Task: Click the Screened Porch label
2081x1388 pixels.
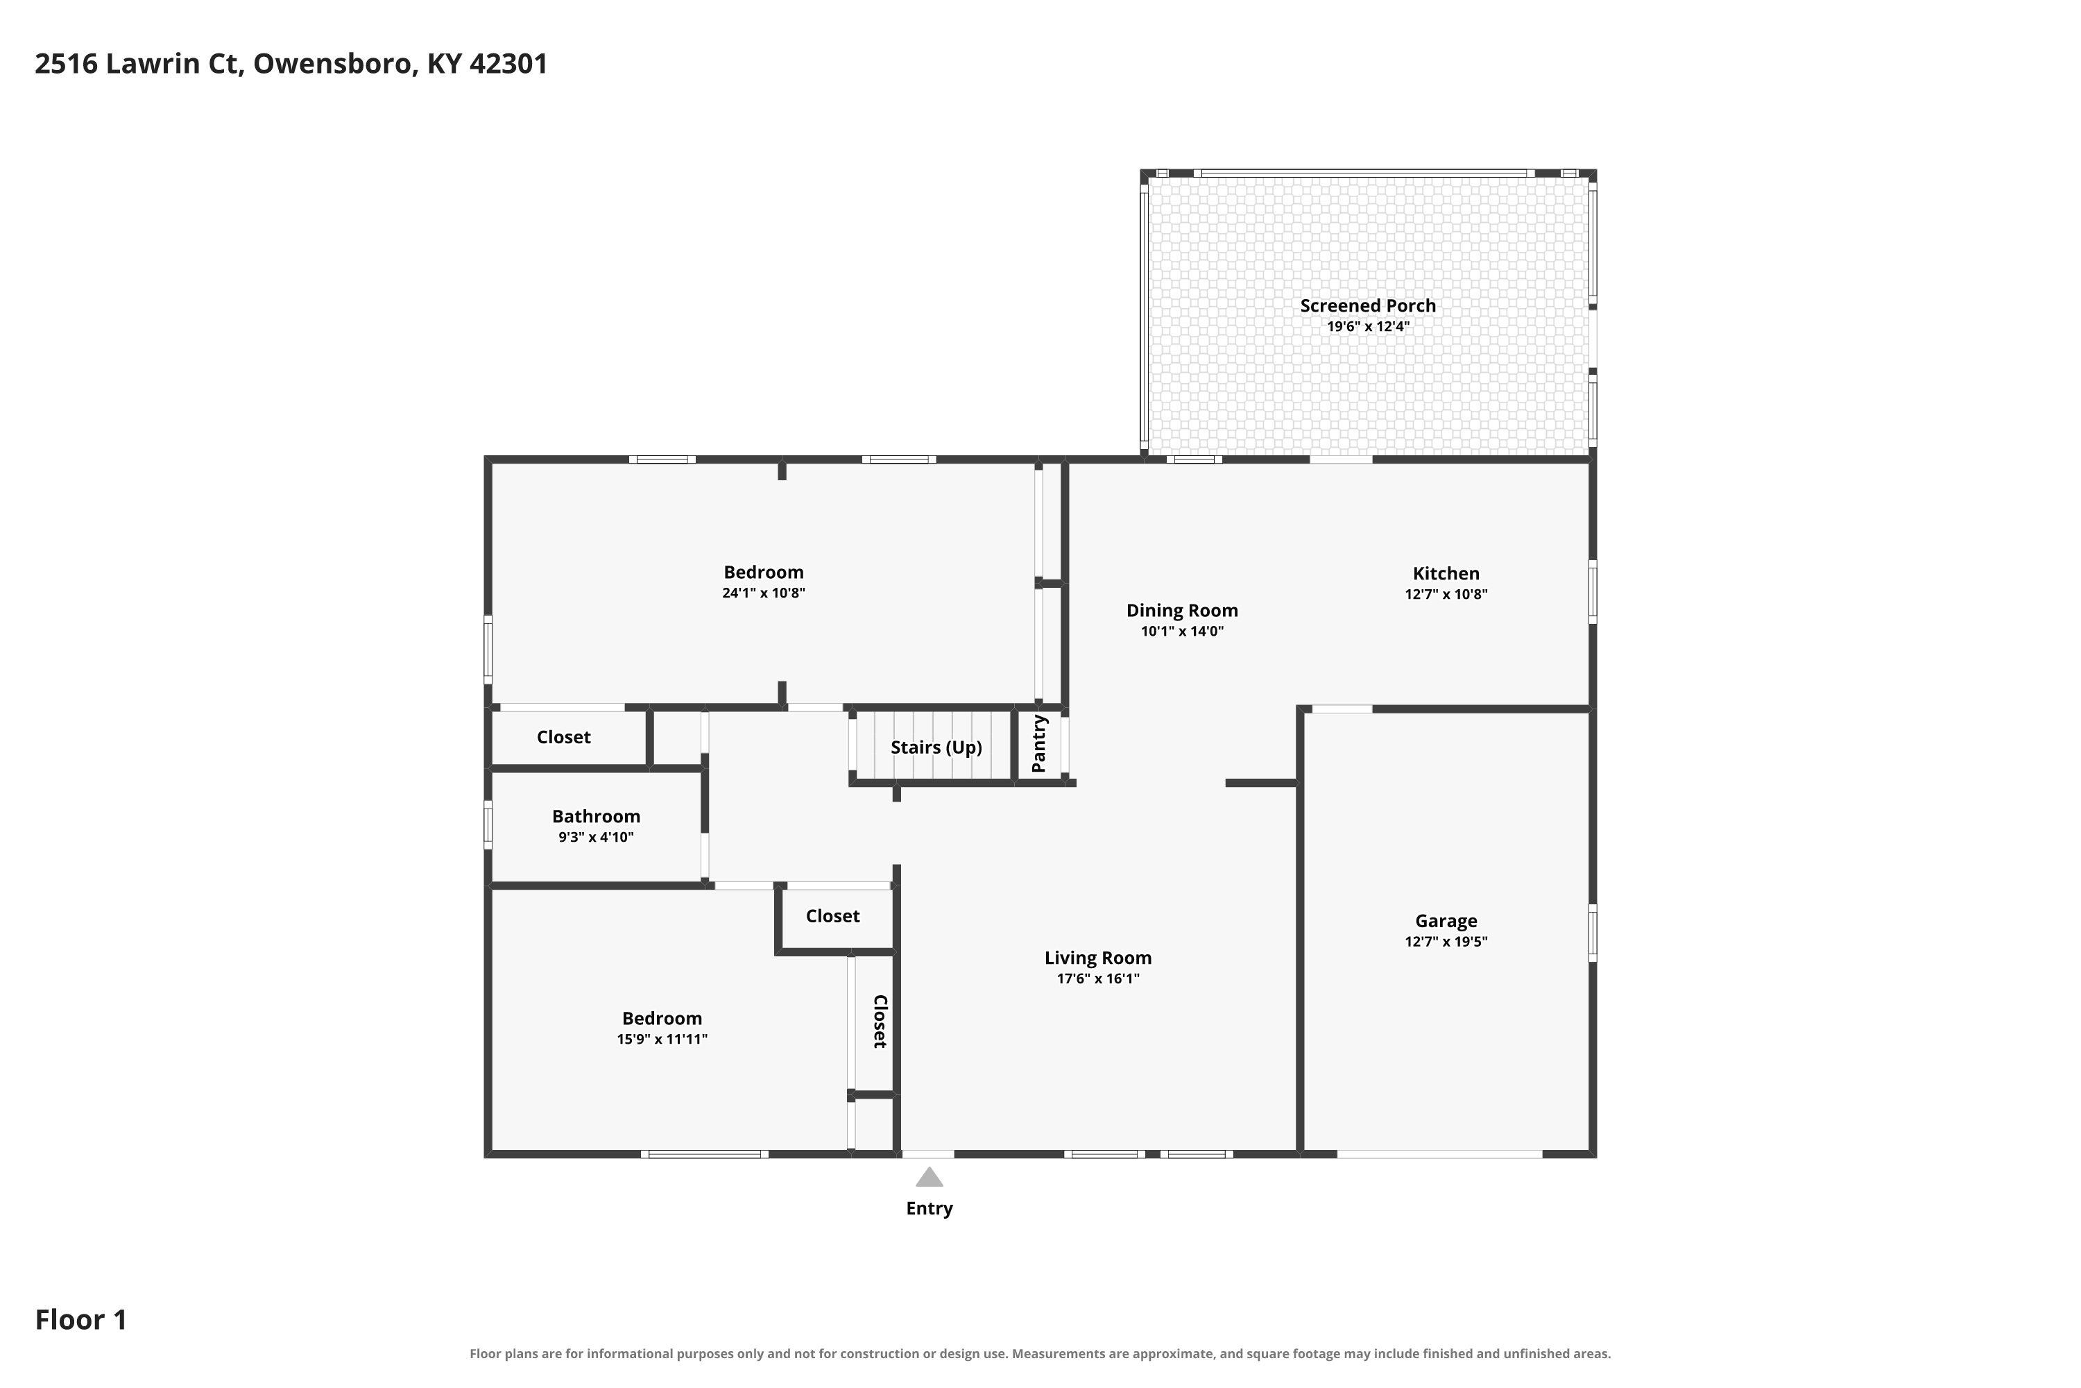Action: click(x=1368, y=305)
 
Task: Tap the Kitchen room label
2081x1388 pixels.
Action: click(x=1446, y=574)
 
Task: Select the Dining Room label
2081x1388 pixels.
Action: click(x=1182, y=611)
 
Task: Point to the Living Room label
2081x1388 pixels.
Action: click(x=1098, y=958)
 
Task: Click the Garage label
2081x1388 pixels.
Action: click(x=1446, y=922)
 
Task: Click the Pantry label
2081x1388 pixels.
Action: click(x=1040, y=743)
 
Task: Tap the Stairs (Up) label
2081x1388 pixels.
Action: click(x=936, y=747)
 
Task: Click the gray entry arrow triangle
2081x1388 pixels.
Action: click(x=929, y=1176)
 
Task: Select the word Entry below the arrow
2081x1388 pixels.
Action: click(x=929, y=1208)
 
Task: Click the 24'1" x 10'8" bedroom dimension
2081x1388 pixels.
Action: click(x=764, y=593)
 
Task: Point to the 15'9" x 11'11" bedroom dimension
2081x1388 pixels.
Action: click(x=662, y=1039)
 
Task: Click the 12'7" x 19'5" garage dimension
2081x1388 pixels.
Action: click(x=1446, y=942)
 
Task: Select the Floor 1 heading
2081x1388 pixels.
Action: click(x=80, y=1320)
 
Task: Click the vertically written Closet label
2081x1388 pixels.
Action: click(x=880, y=1022)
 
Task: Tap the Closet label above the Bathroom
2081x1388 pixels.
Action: click(x=563, y=737)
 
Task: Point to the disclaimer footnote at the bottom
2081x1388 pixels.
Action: click(x=1040, y=1353)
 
